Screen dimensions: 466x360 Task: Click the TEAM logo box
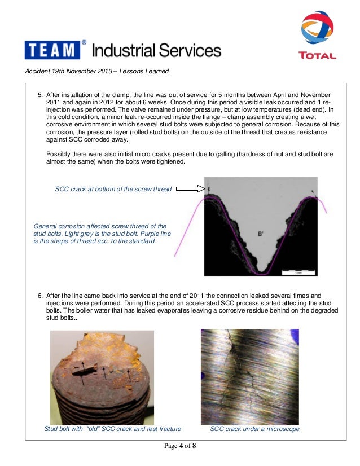pyautogui.click(x=52, y=50)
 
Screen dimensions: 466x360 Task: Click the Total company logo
pyautogui.click(x=318, y=36)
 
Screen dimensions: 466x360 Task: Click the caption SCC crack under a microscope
pyautogui.click(x=254, y=429)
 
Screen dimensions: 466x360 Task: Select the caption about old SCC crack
pyautogui.click(x=112, y=429)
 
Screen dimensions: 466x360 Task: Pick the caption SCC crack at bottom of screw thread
pyautogui.click(x=113, y=189)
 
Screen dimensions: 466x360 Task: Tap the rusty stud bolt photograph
pyautogui.click(x=102, y=376)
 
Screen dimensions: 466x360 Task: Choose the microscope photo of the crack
pyautogui.click(x=249, y=376)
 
